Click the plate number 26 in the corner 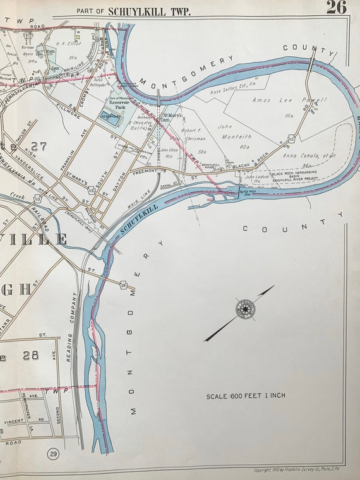[336, 7]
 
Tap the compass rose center [243, 309]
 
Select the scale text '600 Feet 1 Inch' [246, 396]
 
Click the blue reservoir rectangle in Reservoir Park [109, 117]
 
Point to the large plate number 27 [37, 147]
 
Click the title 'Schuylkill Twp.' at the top [149, 11]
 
